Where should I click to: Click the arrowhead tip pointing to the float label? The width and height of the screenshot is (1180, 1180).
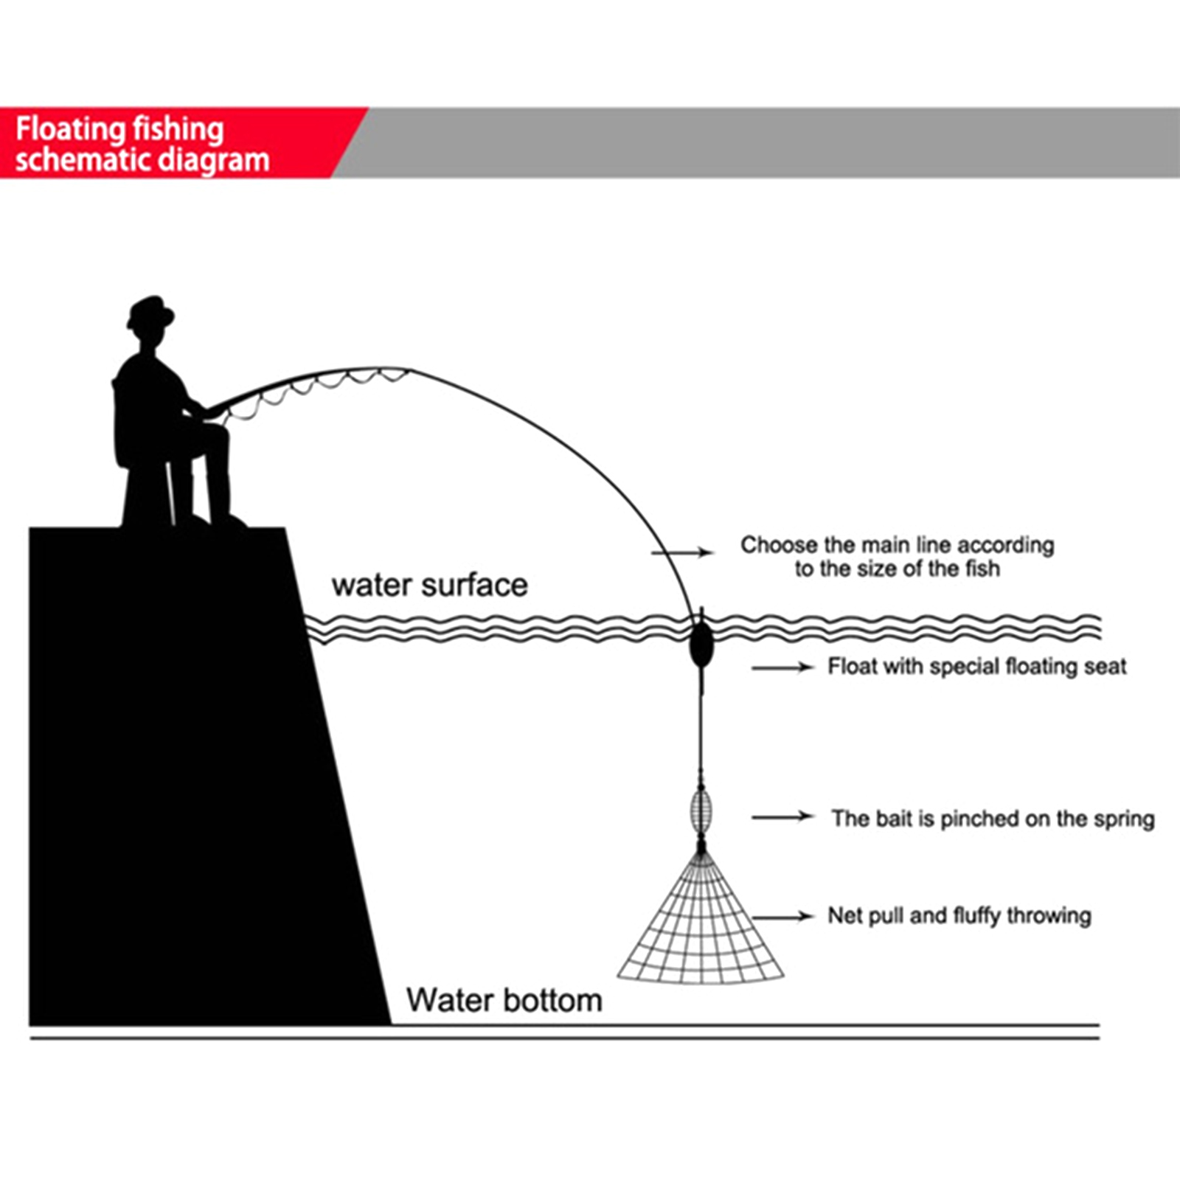pos(813,667)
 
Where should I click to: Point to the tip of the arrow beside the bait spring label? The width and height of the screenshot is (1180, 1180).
pos(814,816)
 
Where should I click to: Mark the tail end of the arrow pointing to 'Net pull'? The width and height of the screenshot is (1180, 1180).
pos(754,917)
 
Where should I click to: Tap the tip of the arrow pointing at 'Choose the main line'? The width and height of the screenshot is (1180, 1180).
pos(714,552)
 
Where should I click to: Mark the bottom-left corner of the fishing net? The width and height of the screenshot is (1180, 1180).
pos(618,978)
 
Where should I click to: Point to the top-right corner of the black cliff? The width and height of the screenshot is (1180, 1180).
pos(285,527)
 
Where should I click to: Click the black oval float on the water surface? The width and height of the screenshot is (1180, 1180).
pos(701,644)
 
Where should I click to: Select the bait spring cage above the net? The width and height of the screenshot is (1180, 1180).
pos(701,809)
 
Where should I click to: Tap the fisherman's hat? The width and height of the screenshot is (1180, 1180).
pos(150,312)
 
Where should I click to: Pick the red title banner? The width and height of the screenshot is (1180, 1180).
pos(183,142)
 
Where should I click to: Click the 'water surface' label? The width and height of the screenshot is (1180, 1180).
pos(430,586)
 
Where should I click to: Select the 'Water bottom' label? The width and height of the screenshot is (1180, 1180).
pos(504,1001)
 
